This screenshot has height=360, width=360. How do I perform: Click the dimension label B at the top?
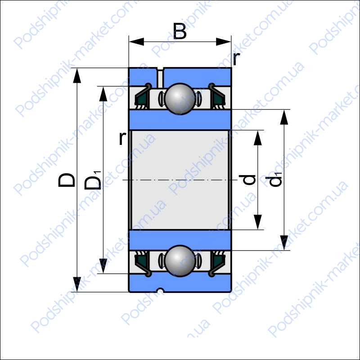coord(180,31)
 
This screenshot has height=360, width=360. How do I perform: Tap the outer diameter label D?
coord(66,180)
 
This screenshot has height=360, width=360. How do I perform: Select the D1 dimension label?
coord(93,180)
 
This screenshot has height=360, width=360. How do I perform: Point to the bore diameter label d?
coord(247,180)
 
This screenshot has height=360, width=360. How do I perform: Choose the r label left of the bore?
coord(123,138)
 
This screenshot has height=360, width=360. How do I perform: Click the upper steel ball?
coord(180,99)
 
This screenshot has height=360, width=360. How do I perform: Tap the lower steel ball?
coord(180,261)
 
